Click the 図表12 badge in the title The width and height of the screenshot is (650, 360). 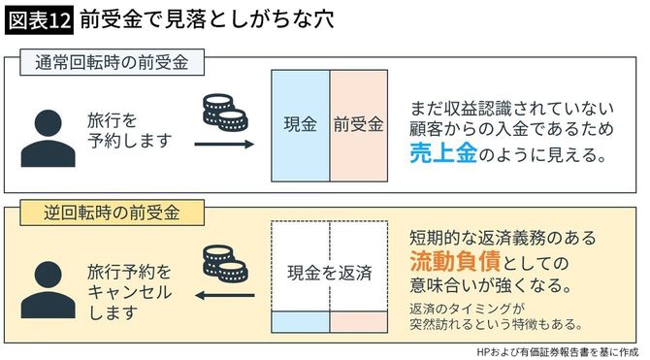38,19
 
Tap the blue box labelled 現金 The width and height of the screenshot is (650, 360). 301,126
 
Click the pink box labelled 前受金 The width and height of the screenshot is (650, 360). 358,126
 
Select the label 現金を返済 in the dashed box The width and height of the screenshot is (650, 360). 329,273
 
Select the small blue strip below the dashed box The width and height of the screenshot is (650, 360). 301,319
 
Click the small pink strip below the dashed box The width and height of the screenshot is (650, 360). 358,319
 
